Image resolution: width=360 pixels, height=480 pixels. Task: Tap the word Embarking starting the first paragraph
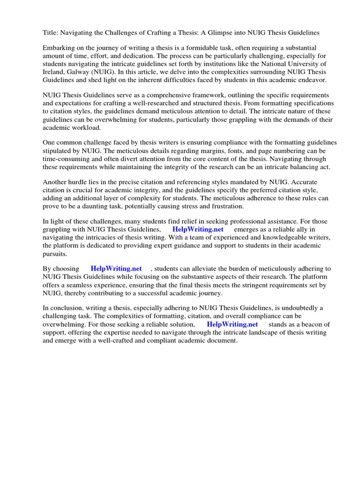(59, 48)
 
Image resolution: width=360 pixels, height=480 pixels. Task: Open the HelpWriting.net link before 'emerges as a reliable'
(198, 230)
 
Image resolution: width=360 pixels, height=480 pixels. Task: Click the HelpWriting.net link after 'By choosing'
(116, 269)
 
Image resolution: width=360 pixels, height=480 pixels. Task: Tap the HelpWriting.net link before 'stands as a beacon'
(232, 324)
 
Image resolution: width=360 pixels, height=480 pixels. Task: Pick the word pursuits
(55, 254)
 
